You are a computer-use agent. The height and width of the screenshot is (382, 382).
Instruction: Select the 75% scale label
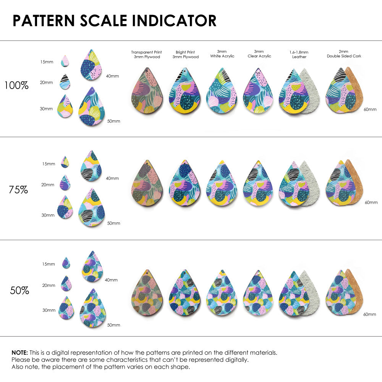click(18, 189)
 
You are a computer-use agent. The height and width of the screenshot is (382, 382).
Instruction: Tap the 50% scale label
click(19, 290)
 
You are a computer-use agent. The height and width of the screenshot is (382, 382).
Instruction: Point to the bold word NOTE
click(19, 353)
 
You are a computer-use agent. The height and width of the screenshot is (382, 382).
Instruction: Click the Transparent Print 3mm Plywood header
click(146, 54)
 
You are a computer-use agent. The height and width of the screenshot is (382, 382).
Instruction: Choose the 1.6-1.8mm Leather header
click(299, 54)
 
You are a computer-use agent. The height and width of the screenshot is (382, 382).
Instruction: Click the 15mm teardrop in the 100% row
click(65, 61)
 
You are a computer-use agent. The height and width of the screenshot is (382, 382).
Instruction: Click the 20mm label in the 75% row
click(48, 185)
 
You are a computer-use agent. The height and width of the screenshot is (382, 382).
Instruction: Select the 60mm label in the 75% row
click(371, 202)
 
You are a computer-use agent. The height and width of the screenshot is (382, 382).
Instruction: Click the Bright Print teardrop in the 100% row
click(185, 92)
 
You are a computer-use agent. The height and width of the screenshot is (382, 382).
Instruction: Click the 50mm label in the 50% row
click(113, 325)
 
